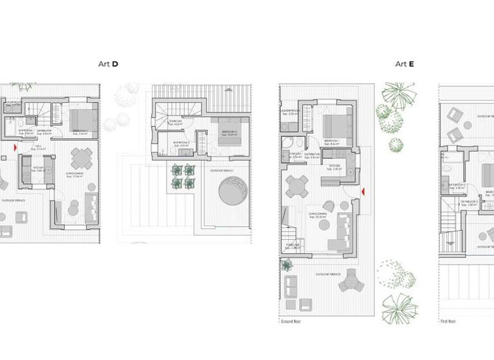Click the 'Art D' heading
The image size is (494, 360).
point(107,64)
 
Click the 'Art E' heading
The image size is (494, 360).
point(404,64)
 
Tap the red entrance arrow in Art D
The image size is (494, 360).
point(14,147)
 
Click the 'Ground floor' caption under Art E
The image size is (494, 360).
point(290,321)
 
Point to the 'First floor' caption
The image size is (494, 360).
point(449,321)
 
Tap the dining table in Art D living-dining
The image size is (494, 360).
point(82,158)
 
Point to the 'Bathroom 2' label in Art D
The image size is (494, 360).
point(182,143)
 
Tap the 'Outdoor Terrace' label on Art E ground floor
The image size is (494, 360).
point(327,274)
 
